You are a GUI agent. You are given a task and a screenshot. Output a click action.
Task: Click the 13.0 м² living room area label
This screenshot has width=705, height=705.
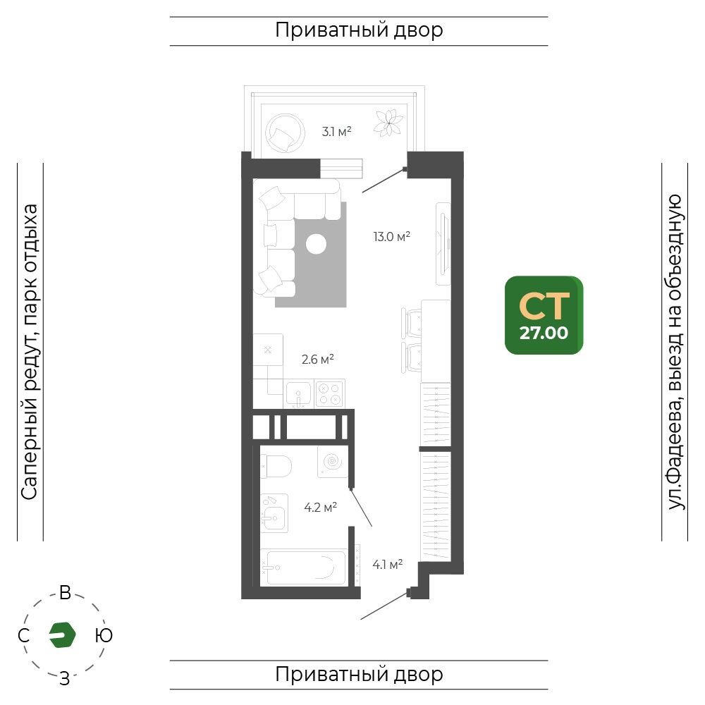click(391, 236)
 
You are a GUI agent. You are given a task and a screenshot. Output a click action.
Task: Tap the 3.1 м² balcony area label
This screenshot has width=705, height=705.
click(336, 132)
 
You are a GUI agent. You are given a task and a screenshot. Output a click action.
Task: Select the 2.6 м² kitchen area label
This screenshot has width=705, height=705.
click(317, 360)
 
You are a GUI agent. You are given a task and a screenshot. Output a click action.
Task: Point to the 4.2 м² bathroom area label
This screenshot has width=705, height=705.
click(321, 508)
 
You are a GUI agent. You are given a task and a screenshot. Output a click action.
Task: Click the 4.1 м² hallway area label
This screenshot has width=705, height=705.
click(388, 564)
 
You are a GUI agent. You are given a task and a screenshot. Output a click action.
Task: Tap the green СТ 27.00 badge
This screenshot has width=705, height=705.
click(544, 315)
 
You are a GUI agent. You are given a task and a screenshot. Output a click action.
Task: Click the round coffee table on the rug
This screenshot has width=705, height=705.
click(316, 244)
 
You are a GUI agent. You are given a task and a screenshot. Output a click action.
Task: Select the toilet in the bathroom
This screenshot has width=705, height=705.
click(276, 466)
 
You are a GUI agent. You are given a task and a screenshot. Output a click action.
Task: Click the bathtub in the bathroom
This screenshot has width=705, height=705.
click(302, 567)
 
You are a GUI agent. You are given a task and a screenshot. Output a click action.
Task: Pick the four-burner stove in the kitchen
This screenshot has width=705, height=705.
click(330, 393)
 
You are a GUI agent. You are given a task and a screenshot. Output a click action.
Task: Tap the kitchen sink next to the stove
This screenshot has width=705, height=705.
click(298, 394)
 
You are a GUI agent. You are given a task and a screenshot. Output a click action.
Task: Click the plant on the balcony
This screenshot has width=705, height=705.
click(388, 123)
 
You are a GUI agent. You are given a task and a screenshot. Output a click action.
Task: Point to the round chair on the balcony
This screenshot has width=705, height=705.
click(285, 133)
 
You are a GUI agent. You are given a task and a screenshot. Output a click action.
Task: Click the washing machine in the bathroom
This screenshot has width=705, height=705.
click(333, 462)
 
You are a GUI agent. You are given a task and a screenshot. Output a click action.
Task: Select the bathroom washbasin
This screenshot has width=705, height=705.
click(274, 513)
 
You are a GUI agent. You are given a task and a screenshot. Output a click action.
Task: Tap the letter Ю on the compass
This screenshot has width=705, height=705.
click(104, 635)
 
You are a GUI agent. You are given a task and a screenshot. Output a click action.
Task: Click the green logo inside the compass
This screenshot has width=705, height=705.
click(62, 635)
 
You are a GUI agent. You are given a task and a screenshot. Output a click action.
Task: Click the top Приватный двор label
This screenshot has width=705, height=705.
click(359, 30)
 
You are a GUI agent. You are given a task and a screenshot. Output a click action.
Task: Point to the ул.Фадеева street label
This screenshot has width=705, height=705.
click(675, 477)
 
